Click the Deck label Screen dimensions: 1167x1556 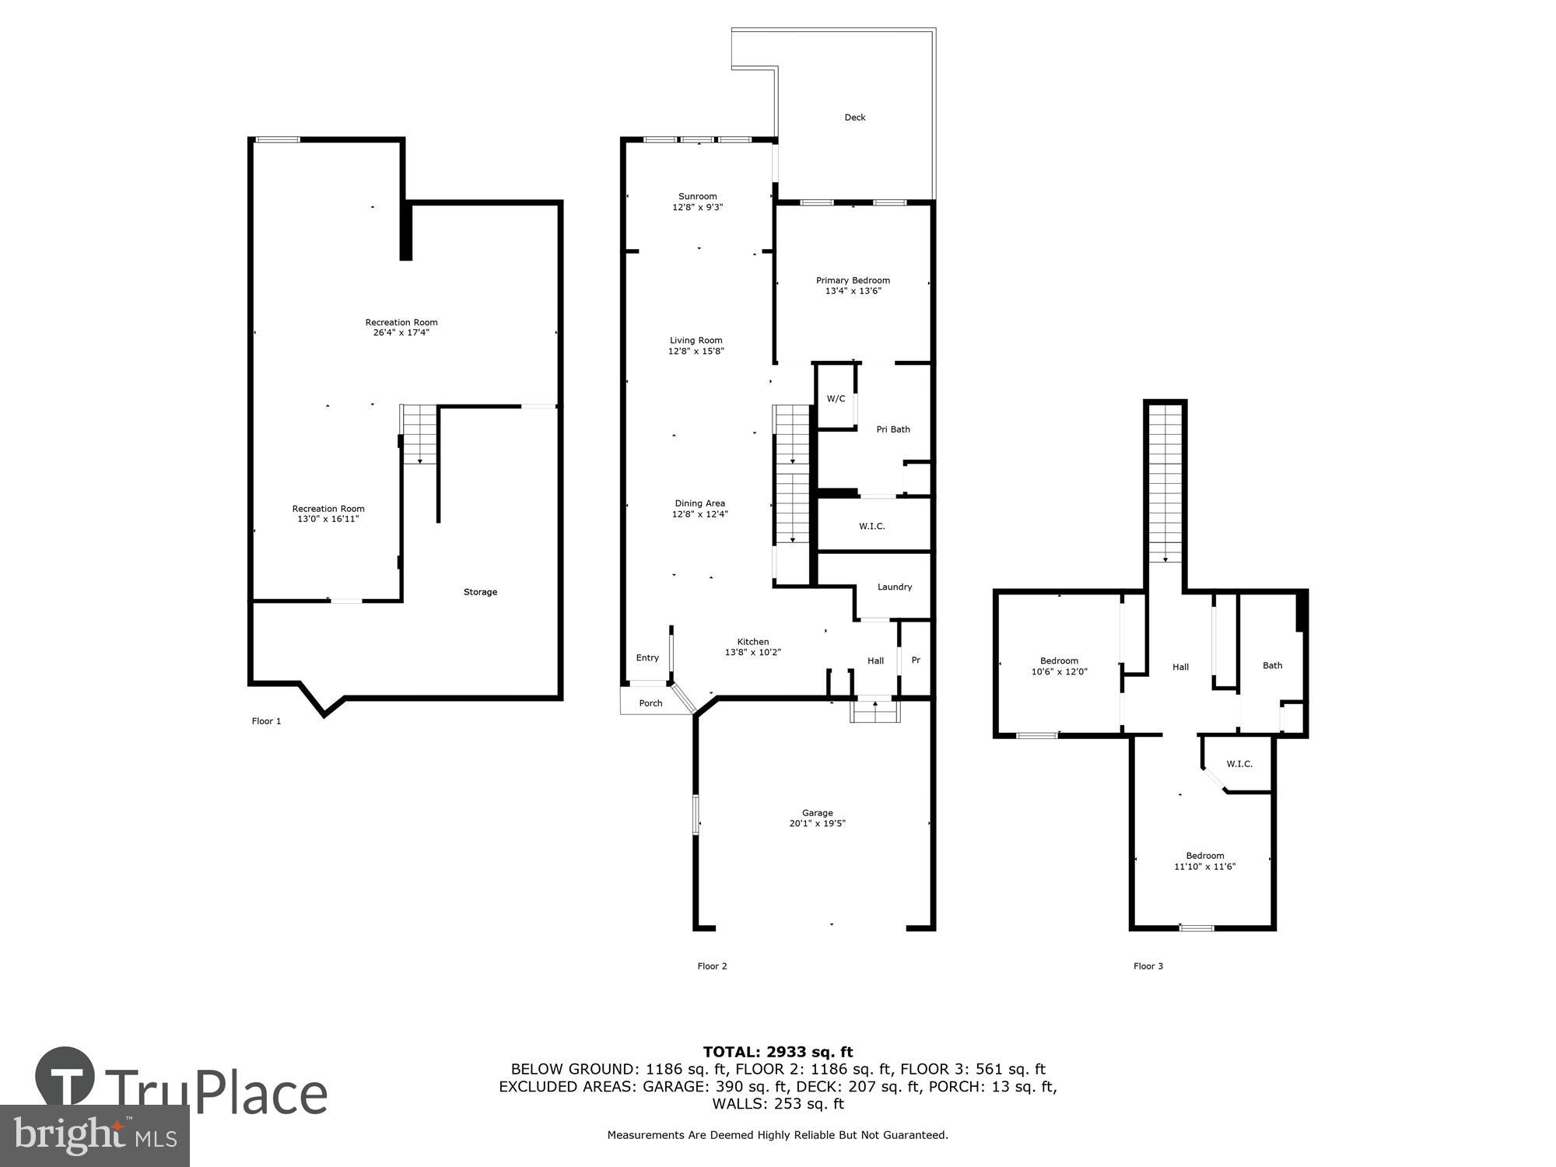coord(854,117)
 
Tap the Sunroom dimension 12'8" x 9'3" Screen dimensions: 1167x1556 coord(697,208)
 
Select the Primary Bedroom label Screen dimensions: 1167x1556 coord(853,280)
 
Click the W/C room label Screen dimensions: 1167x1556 coord(836,399)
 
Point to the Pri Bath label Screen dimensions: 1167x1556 coord(892,429)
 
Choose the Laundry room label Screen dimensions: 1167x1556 coord(894,587)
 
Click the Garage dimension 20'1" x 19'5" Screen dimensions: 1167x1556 coord(817,823)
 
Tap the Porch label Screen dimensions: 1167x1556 coord(650,703)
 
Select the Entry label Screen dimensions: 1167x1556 coord(647,658)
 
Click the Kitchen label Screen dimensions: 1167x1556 coord(752,642)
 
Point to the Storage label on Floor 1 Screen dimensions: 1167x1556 coord(480,592)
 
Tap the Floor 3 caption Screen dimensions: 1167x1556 coord(1148,966)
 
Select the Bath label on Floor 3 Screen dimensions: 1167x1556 coord(1272,665)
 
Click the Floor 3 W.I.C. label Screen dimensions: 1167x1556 coord(1239,764)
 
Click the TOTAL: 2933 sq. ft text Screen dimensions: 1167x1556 coord(777,1053)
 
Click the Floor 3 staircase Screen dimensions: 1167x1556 coord(1165,482)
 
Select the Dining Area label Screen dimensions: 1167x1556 coord(699,503)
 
